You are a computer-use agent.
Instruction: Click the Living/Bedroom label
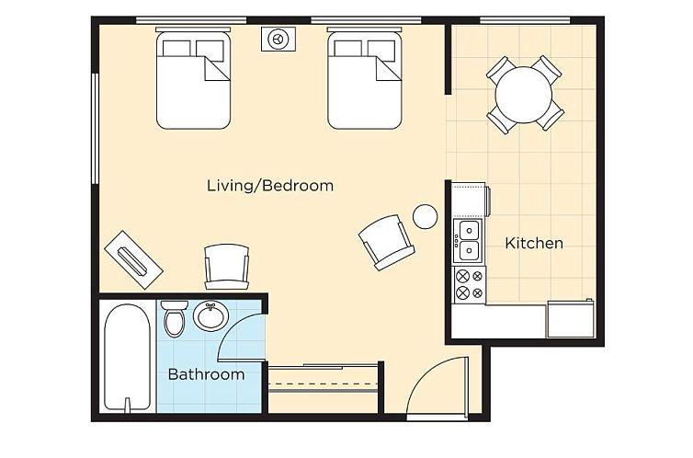[270, 185]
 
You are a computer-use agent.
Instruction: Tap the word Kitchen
[534, 243]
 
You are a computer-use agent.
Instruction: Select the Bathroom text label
[206, 374]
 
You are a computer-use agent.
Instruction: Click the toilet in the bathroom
[174, 318]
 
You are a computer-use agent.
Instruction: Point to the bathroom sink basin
[211, 315]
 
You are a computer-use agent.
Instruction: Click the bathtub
[127, 357]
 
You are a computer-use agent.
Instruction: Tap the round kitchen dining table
[524, 94]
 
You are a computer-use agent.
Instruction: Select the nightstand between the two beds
[278, 39]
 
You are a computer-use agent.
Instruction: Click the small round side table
[426, 217]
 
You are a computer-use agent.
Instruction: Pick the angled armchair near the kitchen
[387, 242]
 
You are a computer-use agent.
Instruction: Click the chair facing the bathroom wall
[227, 267]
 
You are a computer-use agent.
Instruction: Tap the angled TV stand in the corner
[133, 260]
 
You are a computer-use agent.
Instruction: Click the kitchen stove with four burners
[470, 285]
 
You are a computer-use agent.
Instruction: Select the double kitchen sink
[469, 241]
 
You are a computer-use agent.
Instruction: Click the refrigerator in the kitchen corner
[571, 318]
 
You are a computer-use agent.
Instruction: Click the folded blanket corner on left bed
[217, 69]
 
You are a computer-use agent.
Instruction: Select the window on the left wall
[95, 128]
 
